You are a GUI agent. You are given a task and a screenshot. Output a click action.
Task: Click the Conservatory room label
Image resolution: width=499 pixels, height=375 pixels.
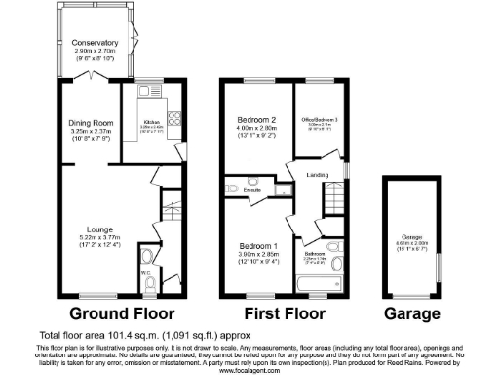[x=95, y=43]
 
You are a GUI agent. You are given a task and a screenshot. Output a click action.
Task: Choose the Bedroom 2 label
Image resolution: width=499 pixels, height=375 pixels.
[x=257, y=121]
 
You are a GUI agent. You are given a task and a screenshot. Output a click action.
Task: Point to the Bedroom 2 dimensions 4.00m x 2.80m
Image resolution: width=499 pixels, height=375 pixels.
[x=257, y=130]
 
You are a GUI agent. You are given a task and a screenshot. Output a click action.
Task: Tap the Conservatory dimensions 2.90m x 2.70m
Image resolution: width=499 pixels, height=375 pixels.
[x=95, y=52]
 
